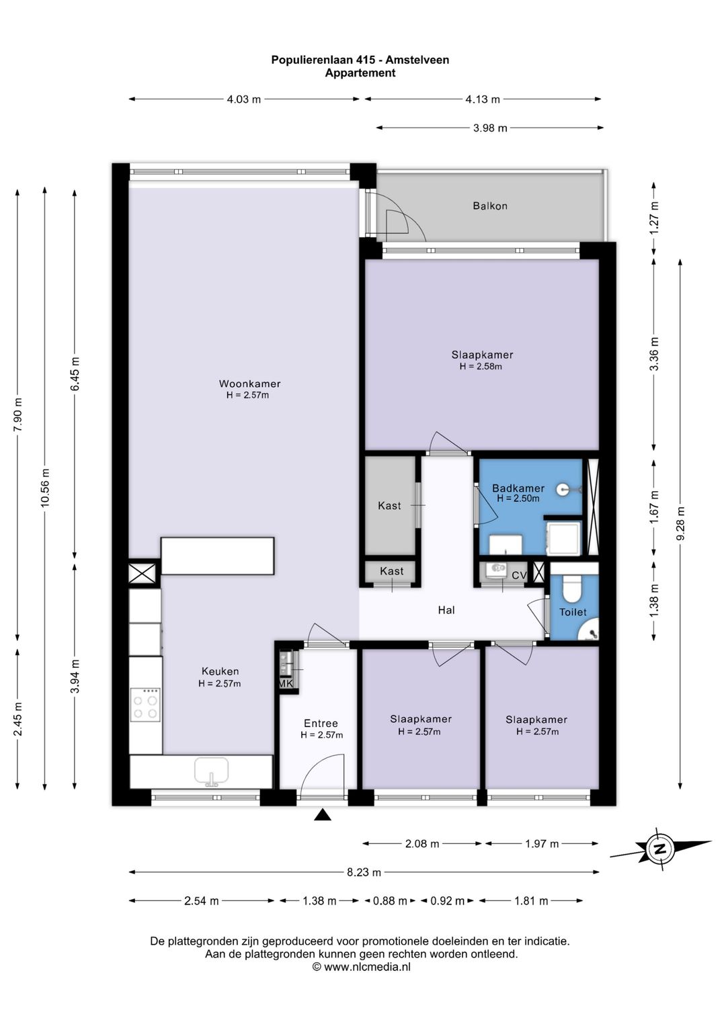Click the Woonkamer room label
(x=249, y=384)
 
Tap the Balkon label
(x=490, y=206)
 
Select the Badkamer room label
(x=518, y=488)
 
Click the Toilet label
(x=573, y=612)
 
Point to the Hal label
(x=446, y=609)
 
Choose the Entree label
(x=321, y=723)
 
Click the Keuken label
(x=220, y=671)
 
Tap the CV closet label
(x=519, y=575)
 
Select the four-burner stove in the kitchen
(x=145, y=705)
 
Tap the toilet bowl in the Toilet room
(x=571, y=589)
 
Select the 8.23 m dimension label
(x=364, y=873)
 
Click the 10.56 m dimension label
(x=45, y=488)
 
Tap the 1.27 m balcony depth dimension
(x=655, y=218)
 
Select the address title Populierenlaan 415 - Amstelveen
(x=360, y=60)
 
